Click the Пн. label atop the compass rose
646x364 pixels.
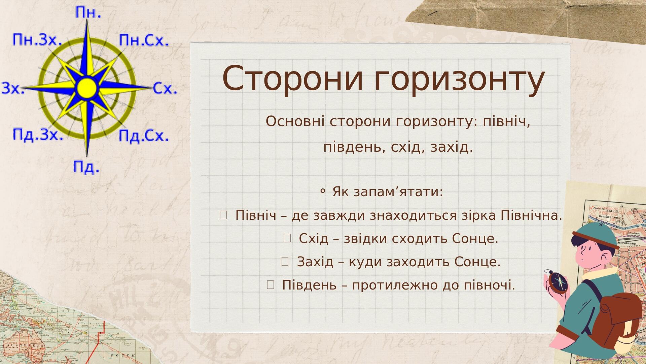(x=88, y=12)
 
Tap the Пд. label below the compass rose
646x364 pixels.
(x=86, y=167)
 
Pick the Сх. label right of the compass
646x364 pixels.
(x=165, y=88)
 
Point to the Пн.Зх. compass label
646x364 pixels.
(x=37, y=40)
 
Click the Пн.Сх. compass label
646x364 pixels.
(x=144, y=40)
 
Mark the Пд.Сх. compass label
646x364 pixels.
(x=144, y=135)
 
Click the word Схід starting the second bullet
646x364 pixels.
(x=313, y=238)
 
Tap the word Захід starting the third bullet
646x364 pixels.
(x=315, y=262)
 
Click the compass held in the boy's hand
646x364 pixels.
(x=558, y=282)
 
